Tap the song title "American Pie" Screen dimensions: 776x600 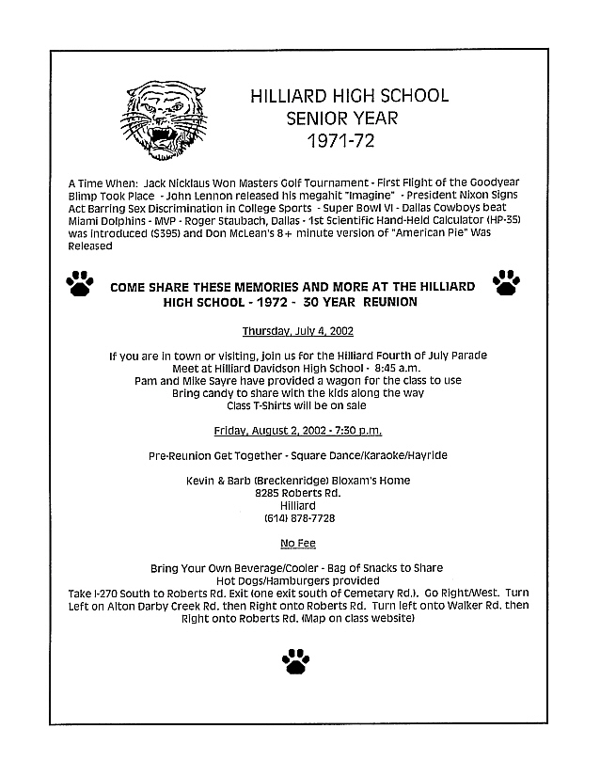point(413,235)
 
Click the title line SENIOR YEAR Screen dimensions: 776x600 point(336,119)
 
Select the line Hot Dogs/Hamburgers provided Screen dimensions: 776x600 point(296,581)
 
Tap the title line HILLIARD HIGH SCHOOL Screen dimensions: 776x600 point(349,96)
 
